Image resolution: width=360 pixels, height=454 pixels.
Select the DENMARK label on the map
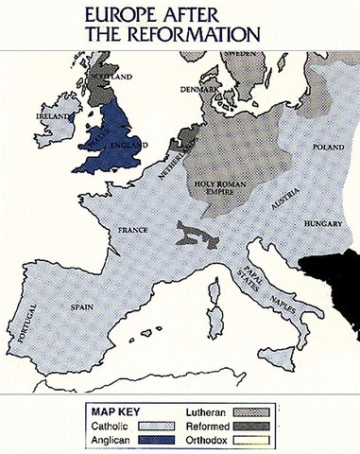point(200,90)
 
